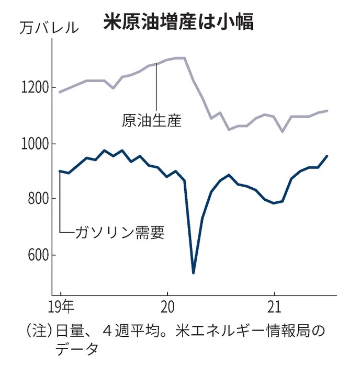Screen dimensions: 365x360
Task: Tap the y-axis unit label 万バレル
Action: [x=49, y=27]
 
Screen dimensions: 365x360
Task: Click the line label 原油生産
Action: [x=151, y=121]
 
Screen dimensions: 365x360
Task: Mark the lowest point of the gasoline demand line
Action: [x=194, y=272]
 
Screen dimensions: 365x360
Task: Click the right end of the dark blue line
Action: [x=327, y=156]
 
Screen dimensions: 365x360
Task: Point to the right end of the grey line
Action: [x=327, y=111]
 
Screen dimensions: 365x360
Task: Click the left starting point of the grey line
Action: [x=60, y=92]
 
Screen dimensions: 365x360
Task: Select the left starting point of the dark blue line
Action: [x=60, y=171]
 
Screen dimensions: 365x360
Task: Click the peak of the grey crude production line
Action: [x=181, y=58]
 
